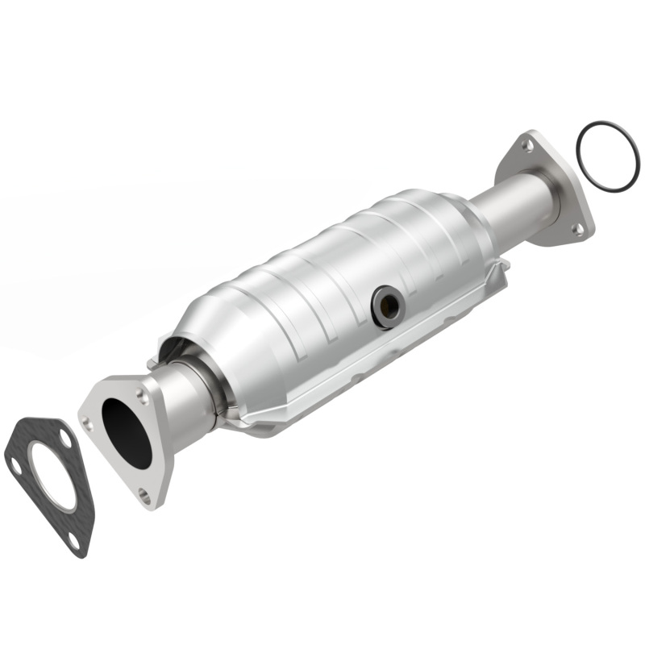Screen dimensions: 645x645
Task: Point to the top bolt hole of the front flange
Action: tap(143, 396)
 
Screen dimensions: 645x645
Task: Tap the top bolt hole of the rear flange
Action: tap(526, 146)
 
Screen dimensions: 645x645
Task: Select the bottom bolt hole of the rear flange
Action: tap(577, 229)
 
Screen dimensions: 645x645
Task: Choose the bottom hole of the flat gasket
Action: tap(74, 541)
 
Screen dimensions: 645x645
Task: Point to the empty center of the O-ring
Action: tap(607, 156)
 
